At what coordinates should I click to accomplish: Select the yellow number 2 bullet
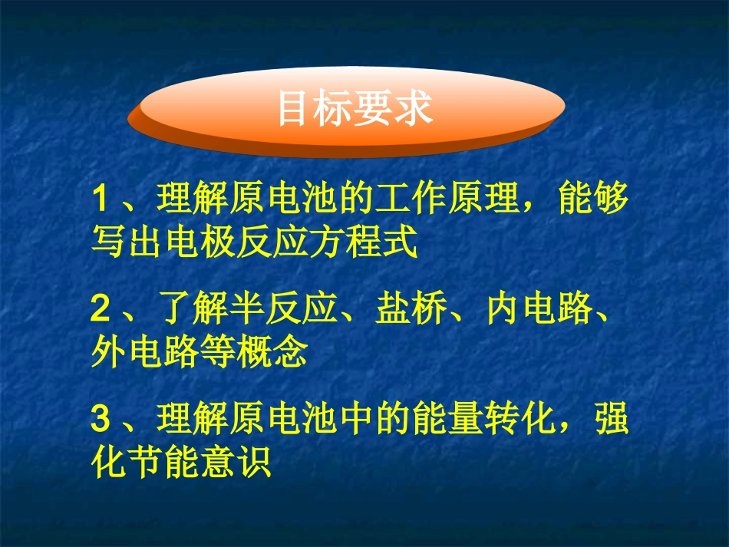coord(100,311)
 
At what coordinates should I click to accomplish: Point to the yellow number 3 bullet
coord(100,420)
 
